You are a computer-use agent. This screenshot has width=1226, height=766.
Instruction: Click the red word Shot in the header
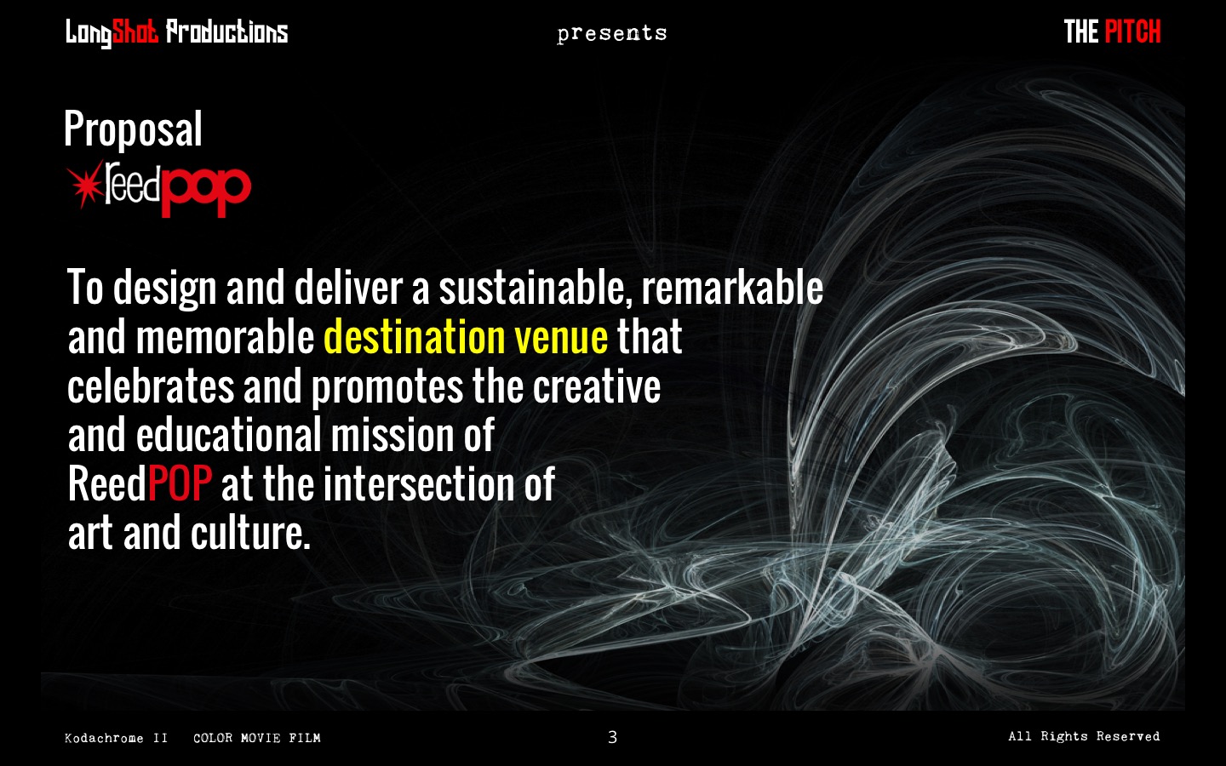coord(135,32)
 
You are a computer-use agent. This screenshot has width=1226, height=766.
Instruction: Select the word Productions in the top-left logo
coord(226,31)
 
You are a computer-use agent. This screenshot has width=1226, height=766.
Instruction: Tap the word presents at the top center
coord(612,34)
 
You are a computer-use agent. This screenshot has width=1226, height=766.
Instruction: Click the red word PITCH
coord(1132,31)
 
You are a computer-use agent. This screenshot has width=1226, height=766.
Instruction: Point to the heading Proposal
coord(133,129)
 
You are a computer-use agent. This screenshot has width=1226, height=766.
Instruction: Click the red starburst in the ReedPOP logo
coord(85,184)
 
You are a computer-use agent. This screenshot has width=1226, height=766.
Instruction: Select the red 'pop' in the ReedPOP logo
coord(206,191)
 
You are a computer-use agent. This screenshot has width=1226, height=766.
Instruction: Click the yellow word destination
coord(415,336)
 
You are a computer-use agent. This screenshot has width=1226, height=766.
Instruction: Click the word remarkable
coord(732,288)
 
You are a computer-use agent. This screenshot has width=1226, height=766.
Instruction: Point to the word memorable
coord(225,336)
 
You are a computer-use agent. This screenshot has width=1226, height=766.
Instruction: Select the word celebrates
coord(151,386)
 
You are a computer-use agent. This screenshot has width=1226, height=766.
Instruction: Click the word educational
coord(229,434)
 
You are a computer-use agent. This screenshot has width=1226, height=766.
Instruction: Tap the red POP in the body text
coord(180,483)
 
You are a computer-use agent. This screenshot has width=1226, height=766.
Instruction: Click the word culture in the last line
coord(250,533)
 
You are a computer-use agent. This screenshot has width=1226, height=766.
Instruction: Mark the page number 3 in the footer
coord(612,737)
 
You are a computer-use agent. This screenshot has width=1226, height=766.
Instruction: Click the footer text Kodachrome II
coord(116,738)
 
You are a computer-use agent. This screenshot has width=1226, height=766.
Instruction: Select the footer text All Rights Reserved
coord(1084,736)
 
